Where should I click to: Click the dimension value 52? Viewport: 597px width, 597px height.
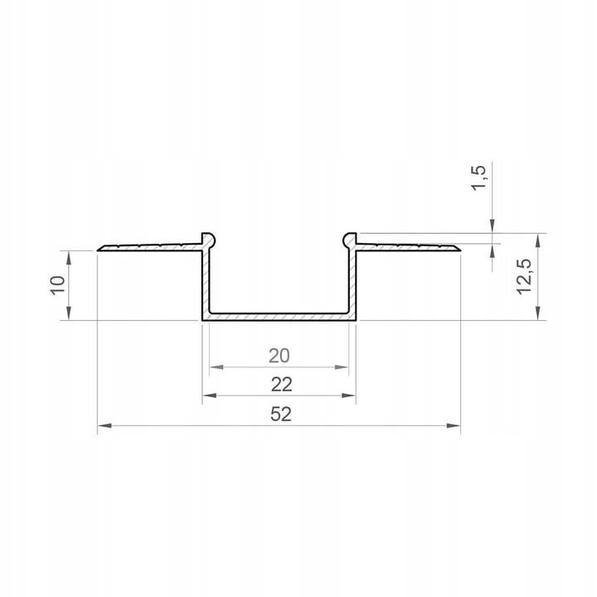280,415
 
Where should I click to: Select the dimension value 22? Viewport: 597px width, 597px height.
281,384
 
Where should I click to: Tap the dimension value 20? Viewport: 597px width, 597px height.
279,356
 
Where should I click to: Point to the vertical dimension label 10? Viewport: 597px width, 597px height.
57,285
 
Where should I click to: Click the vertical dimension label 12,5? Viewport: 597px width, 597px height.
523,276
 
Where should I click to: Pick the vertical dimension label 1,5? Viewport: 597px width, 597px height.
478,177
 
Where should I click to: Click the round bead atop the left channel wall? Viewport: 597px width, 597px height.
208,240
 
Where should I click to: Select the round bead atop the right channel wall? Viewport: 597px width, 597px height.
350,240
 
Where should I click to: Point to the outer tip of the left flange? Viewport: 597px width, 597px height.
99,248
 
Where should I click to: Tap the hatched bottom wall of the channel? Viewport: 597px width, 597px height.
279,317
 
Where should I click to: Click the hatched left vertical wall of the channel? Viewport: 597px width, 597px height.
205,282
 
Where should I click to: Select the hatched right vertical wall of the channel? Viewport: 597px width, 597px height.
353,282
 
